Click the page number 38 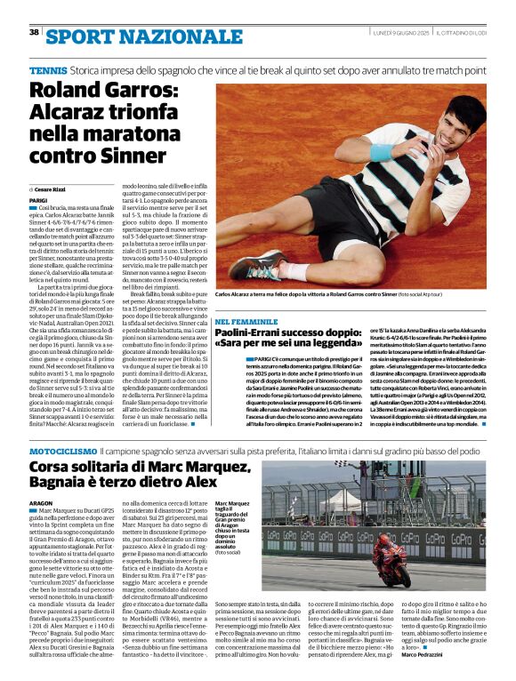tap(34, 33)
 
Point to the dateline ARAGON tap(41, 503)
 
